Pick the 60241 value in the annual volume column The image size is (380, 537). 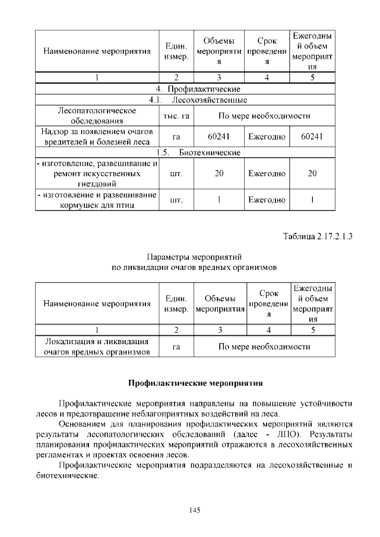click(x=312, y=137)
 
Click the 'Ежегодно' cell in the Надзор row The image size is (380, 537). click(x=267, y=137)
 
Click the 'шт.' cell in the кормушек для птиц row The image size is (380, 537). click(x=176, y=200)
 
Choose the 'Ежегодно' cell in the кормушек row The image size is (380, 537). click(x=267, y=200)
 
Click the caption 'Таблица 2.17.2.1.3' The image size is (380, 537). click(x=317, y=236)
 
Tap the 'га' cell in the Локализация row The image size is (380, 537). click(x=176, y=347)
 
